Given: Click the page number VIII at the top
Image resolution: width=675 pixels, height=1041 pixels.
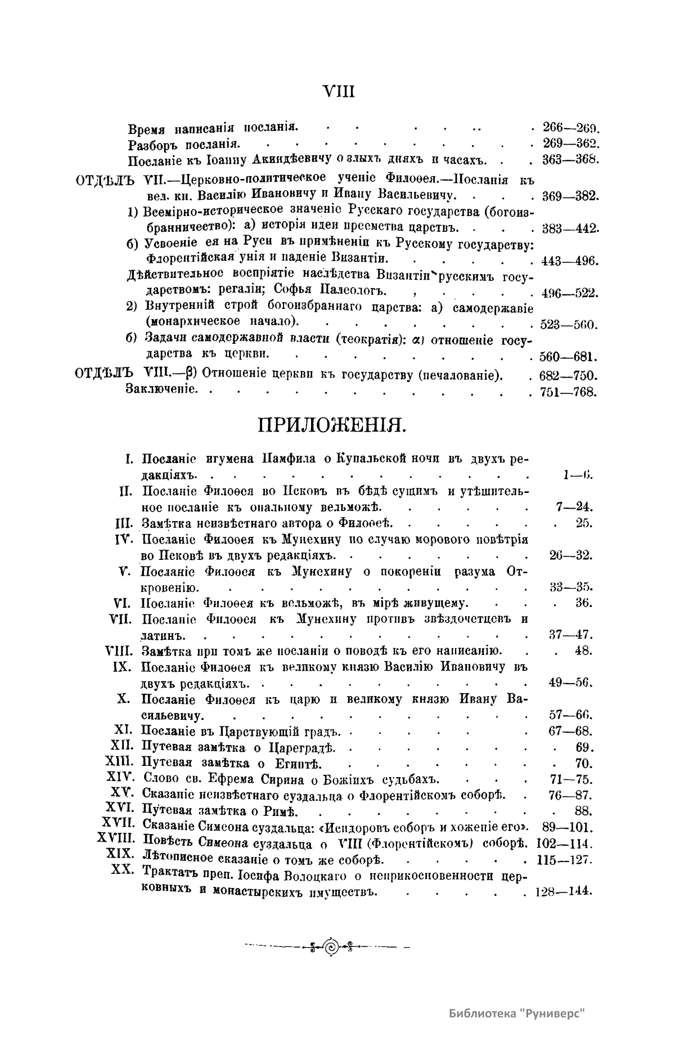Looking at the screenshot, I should pyautogui.click(x=339, y=92).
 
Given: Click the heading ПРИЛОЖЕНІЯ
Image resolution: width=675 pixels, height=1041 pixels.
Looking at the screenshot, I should pyautogui.click(x=331, y=425).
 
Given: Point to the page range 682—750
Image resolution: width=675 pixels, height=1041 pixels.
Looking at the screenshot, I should pyautogui.click(x=569, y=376).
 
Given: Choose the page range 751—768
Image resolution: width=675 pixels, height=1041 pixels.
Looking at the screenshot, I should pyautogui.click(x=569, y=392).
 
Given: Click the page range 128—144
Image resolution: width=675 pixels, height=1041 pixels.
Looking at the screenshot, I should pyautogui.click(x=563, y=892).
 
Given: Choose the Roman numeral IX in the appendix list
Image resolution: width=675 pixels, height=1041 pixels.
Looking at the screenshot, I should pyautogui.click(x=123, y=667).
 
